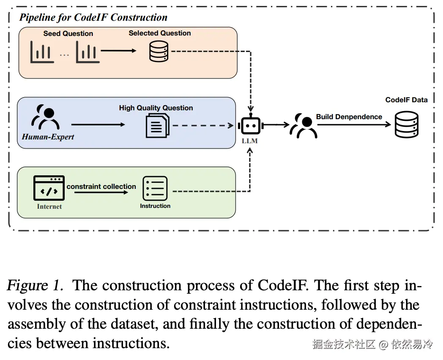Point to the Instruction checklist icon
155,188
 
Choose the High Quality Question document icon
157,125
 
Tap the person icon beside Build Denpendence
304,125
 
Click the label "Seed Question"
68,33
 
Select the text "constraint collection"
101,186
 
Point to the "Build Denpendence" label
349,117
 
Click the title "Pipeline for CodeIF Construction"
93,17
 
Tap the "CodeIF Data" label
406,100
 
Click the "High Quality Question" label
156,108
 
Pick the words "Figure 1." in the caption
35,286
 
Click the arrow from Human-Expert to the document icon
98,125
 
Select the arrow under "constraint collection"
101,192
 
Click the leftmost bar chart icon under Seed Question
42,52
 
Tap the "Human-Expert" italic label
48,137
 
